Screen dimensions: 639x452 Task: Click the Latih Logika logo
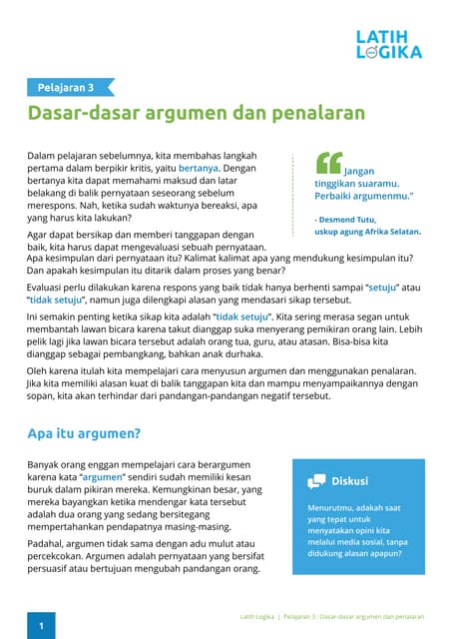click(389, 44)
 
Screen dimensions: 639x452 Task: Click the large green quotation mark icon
click(327, 163)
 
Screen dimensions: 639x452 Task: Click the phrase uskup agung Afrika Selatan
click(366, 231)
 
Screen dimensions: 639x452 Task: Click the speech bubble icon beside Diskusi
click(316, 480)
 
